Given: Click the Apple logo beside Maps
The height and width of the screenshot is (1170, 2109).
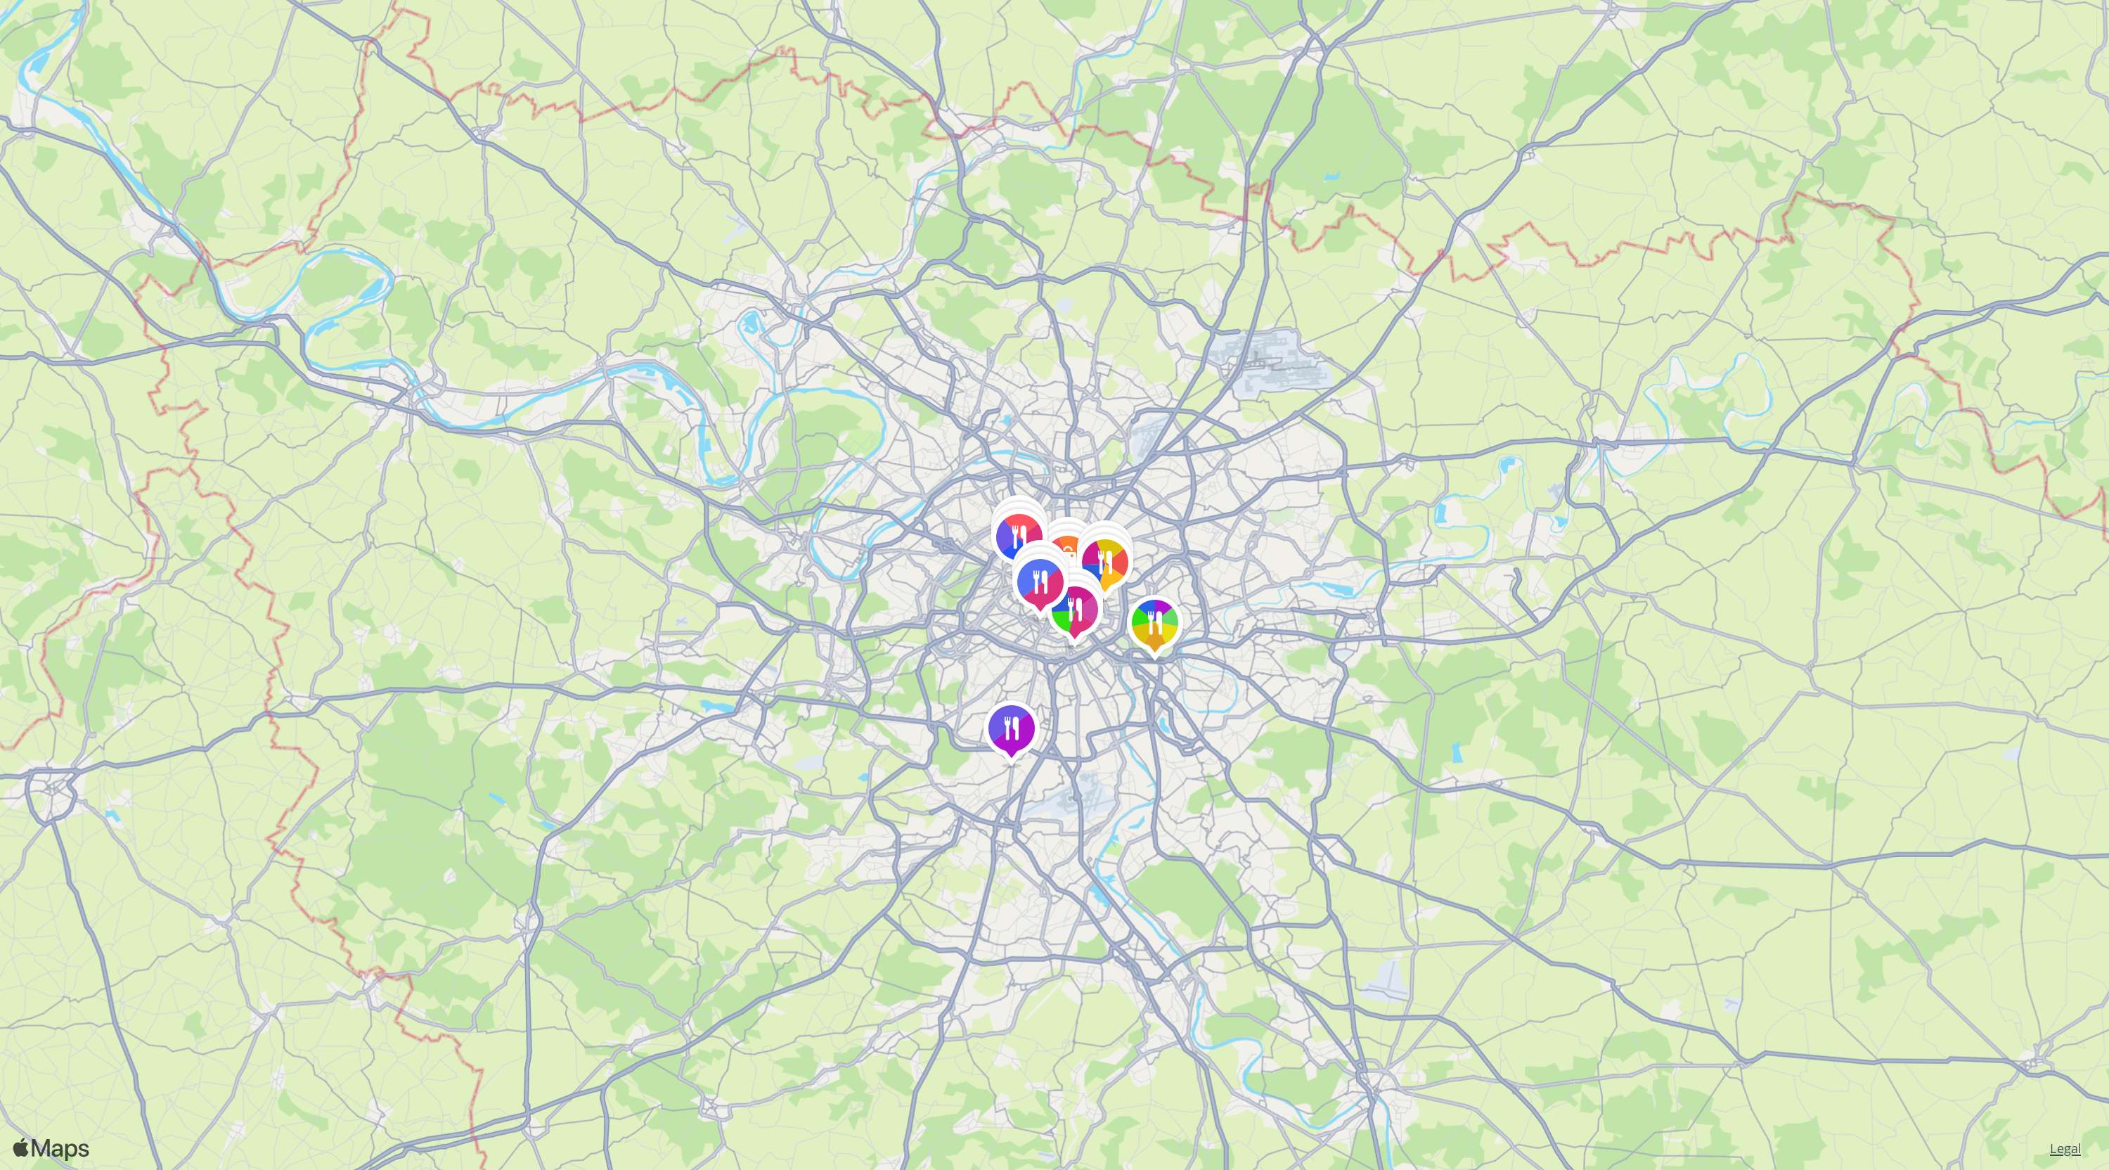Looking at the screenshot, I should [x=21, y=1148].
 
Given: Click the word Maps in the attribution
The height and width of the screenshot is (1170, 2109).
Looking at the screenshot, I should [x=60, y=1149].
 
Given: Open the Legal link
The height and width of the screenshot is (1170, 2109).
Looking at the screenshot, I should [x=2065, y=1149].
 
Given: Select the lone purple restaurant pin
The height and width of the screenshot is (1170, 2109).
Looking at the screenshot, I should [x=1011, y=728].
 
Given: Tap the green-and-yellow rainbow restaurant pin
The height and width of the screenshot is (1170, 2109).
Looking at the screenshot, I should [x=1154, y=624].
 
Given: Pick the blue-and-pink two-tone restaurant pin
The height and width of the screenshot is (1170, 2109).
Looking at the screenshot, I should [x=1040, y=582].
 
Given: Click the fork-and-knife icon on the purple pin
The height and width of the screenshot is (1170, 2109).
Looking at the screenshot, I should [x=1011, y=726].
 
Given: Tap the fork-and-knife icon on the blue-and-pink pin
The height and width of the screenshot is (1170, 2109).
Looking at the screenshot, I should [x=1040, y=582].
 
